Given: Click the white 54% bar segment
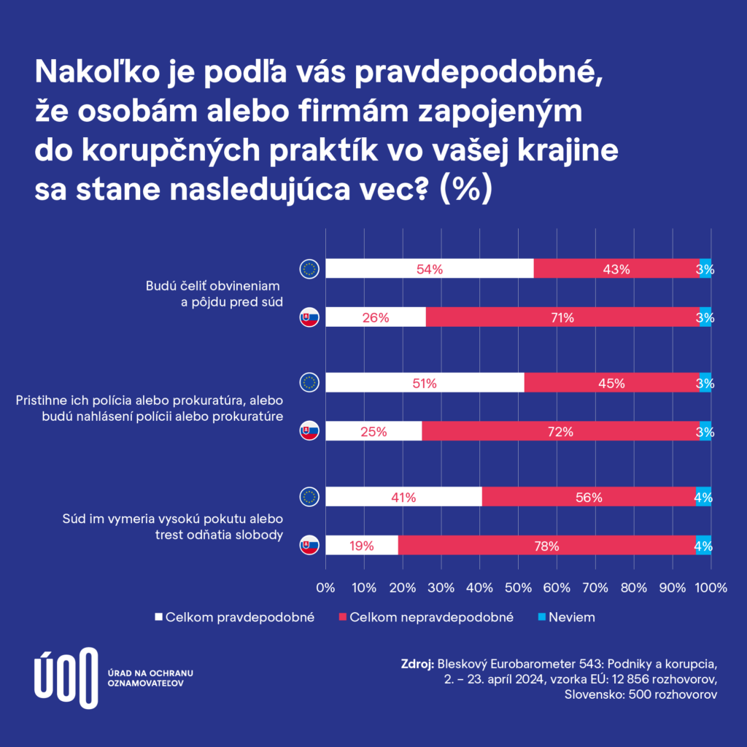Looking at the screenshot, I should pyautogui.click(x=429, y=268).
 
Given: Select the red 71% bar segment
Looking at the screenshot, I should pyautogui.click(x=562, y=317).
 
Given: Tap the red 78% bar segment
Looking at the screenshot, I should pyautogui.click(x=546, y=546).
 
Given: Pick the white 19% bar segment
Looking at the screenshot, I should pyautogui.click(x=361, y=546).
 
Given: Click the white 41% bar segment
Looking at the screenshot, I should pyautogui.click(x=403, y=498).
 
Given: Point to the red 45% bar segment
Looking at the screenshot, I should pyautogui.click(x=611, y=383).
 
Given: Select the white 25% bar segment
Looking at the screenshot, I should pyautogui.click(x=373, y=432).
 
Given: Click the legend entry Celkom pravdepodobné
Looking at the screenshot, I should pyautogui.click(x=233, y=617).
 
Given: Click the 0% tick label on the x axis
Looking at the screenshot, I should pyautogui.click(x=325, y=587).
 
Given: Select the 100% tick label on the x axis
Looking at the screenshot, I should pyautogui.click(x=712, y=587).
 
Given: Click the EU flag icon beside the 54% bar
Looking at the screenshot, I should pyautogui.click(x=309, y=268).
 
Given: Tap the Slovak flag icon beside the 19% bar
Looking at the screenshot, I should pyautogui.click(x=309, y=546).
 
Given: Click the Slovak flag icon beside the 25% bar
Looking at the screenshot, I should pyautogui.click(x=309, y=432).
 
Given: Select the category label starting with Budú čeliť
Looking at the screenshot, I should pyautogui.click(x=214, y=293).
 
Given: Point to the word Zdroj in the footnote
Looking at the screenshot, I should pyautogui.click(x=417, y=665).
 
